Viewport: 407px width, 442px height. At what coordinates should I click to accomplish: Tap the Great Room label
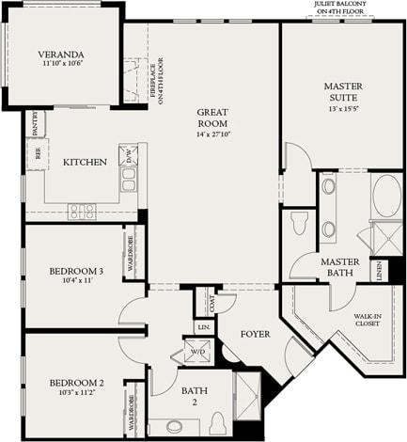tap(212, 117)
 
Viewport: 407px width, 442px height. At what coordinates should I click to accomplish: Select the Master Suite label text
tap(342, 92)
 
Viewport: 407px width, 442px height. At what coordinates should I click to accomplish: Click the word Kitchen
tap(85, 162)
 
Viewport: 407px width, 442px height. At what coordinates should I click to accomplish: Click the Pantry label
tap(34, 122)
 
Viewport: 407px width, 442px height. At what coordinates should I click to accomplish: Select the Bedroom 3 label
tap(76, 276)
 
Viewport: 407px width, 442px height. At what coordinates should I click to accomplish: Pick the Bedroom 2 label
tap(76, 387)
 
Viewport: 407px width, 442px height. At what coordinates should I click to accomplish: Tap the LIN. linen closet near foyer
tap(203, 326)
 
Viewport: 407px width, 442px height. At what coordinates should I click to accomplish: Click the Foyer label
tap(255, 333)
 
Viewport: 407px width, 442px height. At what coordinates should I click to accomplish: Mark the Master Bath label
tap(340, 267)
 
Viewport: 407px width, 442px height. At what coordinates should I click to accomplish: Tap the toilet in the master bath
tap(300, 224)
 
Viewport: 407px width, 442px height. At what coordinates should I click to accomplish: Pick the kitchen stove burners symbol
tap(82, 212)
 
